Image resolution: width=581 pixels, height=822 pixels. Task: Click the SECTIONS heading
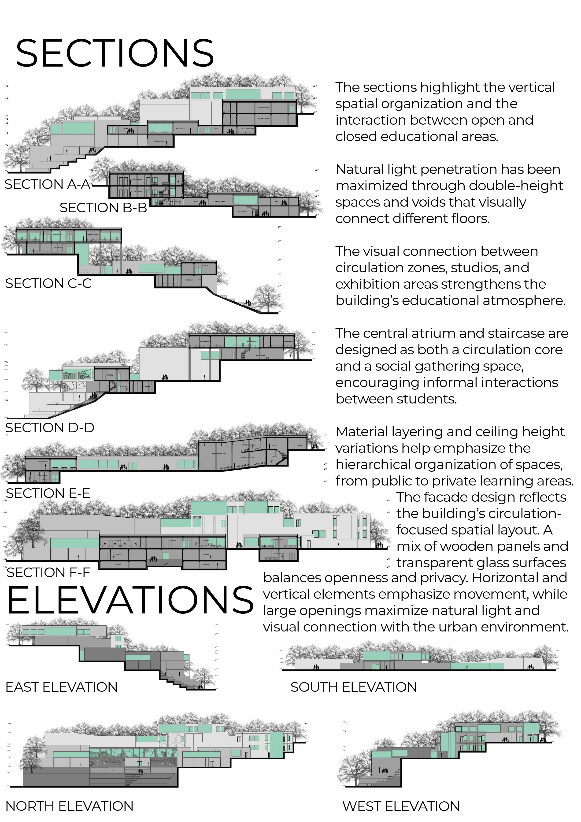pyautogui.click(x=115, y=53)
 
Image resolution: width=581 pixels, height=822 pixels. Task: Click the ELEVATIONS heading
pyautogui.click(x=130, y=600)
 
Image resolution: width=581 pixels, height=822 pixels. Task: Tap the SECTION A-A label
pyautogui.click(x=48, y=184)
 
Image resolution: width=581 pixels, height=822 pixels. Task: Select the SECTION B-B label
pyautogui.click(x=103, y=208)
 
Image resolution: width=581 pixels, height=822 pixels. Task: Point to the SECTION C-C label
pyautogui.click(x=48, y=284)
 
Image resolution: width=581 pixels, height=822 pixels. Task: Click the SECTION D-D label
pyautogui.click(x=50, y=428)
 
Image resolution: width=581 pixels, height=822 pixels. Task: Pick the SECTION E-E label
pyautogui.click(x=48, y=493)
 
